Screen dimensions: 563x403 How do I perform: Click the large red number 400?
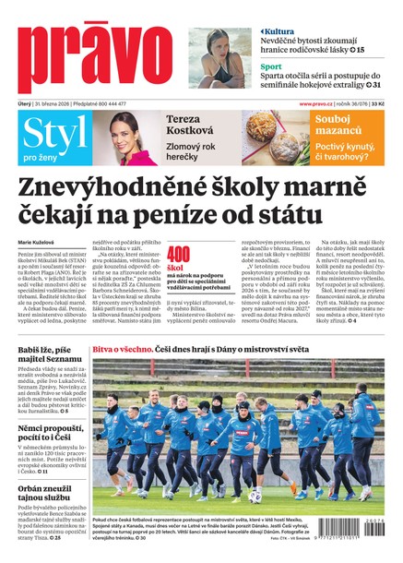pyautogui.click(x=179, y=255)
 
